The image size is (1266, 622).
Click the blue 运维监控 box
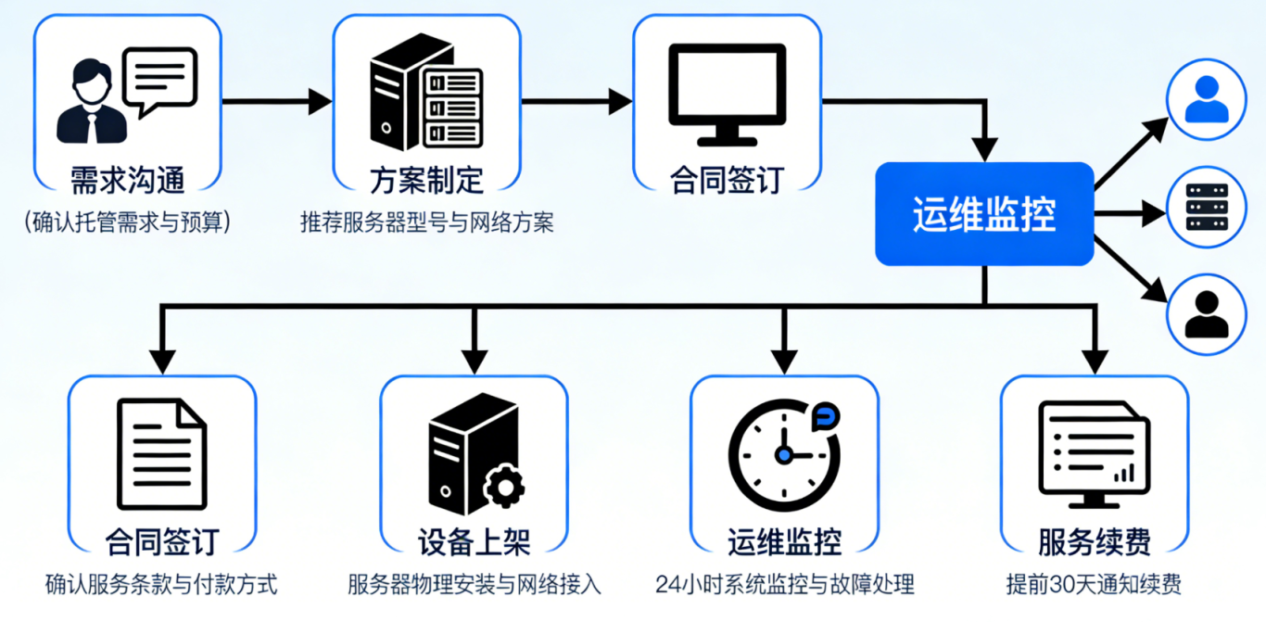click(984, 214)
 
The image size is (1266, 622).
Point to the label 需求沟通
click(128, 178)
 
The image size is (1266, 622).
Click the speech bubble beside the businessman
click(160, 80)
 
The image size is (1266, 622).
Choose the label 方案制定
click(426, 178)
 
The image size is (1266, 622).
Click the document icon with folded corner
click(162, 454)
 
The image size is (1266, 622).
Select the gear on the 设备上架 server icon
click(503, 486)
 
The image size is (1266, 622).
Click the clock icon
click(784, 454)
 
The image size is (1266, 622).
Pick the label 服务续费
click(1095, 540)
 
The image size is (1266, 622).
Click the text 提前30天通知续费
click(1094, 585)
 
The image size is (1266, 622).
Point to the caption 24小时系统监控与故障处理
click(784, 585)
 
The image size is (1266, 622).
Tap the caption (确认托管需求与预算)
click(127, 222)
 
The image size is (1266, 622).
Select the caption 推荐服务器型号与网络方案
click(426, 222)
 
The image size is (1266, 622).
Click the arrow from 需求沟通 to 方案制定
click(276, 102)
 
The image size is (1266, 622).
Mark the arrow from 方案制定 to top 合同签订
click(576, 102)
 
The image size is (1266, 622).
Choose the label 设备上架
click(474, 540)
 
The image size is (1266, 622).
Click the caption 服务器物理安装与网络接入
click(474, 585)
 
